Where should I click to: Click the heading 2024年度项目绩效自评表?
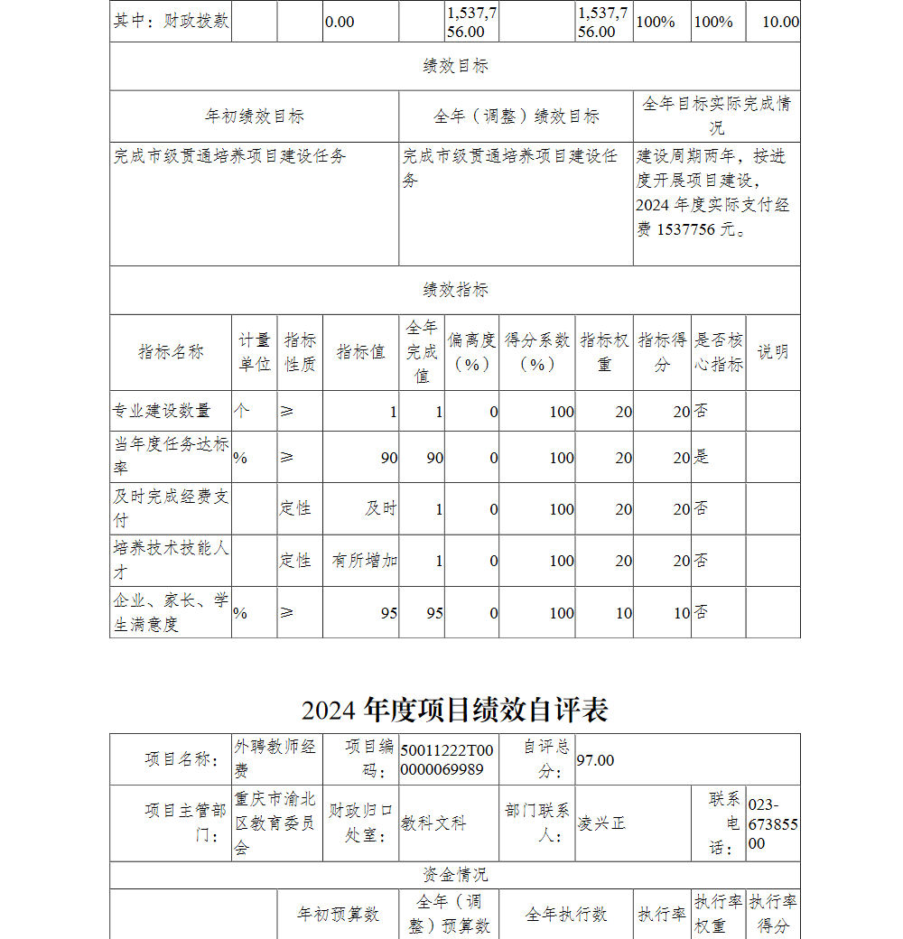pyautogui.click(x=455, y=711)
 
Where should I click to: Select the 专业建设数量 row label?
pyautogui.click(x=162, y=411)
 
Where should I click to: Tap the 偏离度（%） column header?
pyautogui.click(x=471, y=352)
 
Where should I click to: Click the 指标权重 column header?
pyautogui.click(x=604, y=352)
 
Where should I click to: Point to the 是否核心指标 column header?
pyautogui.click(x=719, y=352)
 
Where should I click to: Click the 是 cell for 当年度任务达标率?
pyautogui.click(x=702, y=457)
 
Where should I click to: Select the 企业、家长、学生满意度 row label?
pyautogui.click(x=170, y=612)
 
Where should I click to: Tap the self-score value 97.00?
pyautogui.click(x=596, y=760)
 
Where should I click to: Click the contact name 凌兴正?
pyautogui.click(x=601, y=823)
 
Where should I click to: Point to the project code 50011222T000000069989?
pyautogui.click(x=448, y=760)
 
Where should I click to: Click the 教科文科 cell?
pyautogui.click(x=434, y=823)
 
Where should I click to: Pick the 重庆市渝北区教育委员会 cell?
pyautogui.click(x=275, y=823)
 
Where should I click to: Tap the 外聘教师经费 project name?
pyautogui.click(x=275, y=758)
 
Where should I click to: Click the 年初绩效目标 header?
pyautogui.click(x=255, y=116)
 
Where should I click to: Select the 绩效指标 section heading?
pyautogui.click(x=455, y=290)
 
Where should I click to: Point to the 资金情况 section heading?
pyautogui.click(x=455, y=875)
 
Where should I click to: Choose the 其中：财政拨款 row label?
pyautogui.click(x=171, y=21)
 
